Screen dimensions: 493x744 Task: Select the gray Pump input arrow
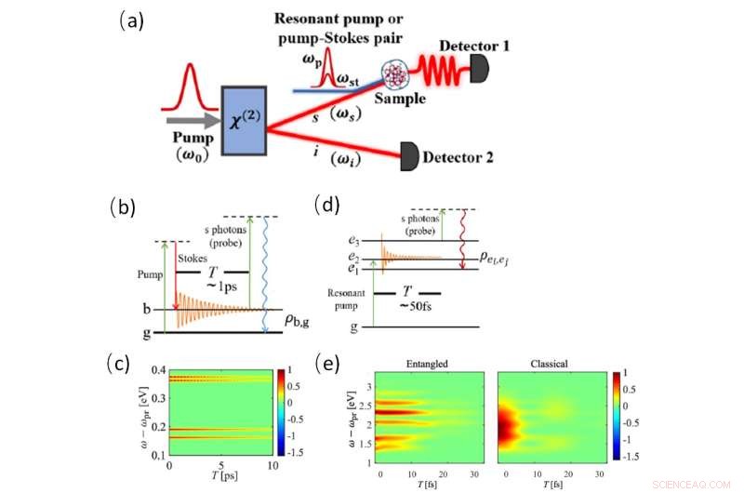point(189,121)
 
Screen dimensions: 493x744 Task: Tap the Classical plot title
point(545,362)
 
